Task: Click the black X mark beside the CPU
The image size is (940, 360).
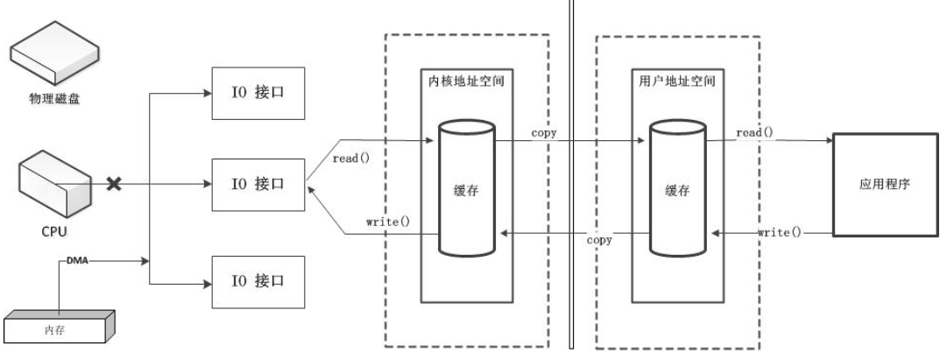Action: coord(113,184)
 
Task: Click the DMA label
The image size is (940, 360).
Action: coord(78,260)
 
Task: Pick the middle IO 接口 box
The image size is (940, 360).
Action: coord(258,185)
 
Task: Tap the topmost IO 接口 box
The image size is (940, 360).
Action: coord(258,90)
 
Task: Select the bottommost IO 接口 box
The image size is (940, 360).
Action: coord(258,282)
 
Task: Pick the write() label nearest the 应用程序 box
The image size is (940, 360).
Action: coord(779,232)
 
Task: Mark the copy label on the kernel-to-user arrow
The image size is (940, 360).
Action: coord(543,132)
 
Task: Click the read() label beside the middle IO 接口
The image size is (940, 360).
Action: coord(350,159)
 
